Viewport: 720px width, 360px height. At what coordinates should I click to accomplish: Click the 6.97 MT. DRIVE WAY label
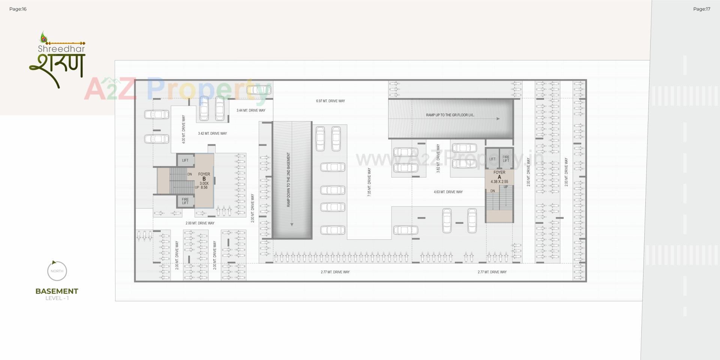point(330,101)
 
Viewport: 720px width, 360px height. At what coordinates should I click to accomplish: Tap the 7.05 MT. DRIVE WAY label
point(369,182)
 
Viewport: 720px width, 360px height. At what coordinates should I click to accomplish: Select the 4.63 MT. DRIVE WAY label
point(448,192)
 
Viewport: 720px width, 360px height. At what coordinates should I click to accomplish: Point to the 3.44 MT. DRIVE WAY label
point(251,111)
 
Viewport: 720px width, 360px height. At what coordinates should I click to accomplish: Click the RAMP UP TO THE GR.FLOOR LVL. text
point(450,115)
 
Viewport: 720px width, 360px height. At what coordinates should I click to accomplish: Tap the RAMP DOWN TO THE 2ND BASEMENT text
point(289,180)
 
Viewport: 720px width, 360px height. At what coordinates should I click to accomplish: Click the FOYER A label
point(499,175)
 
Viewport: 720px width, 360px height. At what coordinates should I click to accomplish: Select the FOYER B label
point(204,177)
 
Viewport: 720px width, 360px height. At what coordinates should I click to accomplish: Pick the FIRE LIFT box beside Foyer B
point(185,201)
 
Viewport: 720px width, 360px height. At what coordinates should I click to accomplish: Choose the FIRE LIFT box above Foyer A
point(506,159)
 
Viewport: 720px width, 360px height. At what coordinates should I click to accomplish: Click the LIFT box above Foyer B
point(185,160)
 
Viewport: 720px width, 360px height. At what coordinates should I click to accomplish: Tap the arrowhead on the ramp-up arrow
point(498,119)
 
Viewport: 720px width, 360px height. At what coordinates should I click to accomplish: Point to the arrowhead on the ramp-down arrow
point(292,225)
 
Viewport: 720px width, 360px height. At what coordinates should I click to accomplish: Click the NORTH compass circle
point(57,271)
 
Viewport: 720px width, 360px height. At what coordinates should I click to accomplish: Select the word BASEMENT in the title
point(57,291)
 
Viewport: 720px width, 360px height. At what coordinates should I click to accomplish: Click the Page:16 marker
point(18,9)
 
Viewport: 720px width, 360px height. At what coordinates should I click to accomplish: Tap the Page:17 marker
point(702,9)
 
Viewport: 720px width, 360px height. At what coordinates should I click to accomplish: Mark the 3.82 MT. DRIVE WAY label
point(438,158)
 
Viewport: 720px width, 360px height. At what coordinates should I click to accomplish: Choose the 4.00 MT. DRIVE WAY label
point(183,129)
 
